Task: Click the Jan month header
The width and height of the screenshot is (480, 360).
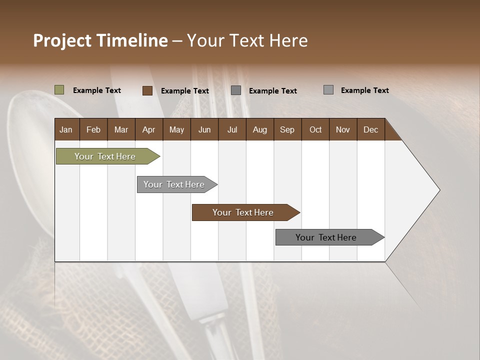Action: tap(66, 129)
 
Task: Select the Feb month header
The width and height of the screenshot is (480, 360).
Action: tap(93, 129)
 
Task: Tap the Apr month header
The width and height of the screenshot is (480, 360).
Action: tap(148, 129)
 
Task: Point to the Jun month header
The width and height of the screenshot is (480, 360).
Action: tap(204, 129)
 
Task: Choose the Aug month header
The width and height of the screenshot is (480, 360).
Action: tap(259, 129)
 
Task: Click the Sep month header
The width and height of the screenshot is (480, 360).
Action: tap(287, 129)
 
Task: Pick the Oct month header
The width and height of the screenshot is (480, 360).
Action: tap(315, 129)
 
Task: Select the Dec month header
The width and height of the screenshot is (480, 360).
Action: tap(370, 129)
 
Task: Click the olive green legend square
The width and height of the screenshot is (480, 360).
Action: tap(59, 90)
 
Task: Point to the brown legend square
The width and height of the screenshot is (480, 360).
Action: tap(147, 90)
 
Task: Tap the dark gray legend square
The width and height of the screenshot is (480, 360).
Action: tap(236, 90)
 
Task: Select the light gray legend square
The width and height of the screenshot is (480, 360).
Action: tap(328, 90)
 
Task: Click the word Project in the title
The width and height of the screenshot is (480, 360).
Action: tap(62, 40)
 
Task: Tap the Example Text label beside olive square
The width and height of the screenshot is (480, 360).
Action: tap(97, 90)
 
